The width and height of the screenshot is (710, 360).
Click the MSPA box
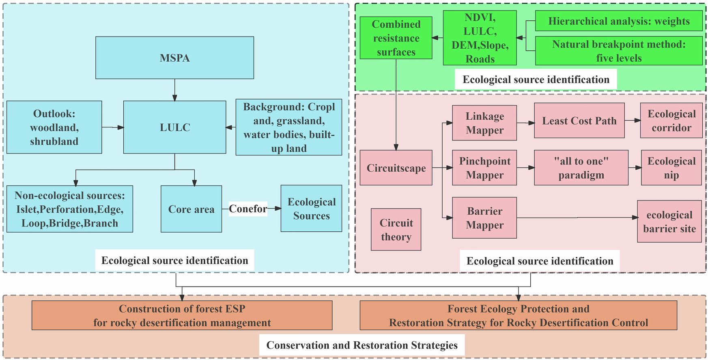pyautogui.click(x=174, y=58)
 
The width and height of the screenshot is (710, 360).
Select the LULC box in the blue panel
pyautogui.click(x=174, y=127)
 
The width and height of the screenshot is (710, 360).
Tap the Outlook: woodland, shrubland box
pyautogui.click(x=54, y=127)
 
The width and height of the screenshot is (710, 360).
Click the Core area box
pyautogui.click(x=191, y=209)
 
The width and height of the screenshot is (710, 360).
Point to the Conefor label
pyautogui.click(x=248, y=209)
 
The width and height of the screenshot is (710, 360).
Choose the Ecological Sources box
pyautogui.click(x=311, y=209)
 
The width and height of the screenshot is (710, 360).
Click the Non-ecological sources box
pyautogui.click(x=70, y=209)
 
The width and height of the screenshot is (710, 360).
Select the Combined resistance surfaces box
pyautogui.click(x=396, y=38)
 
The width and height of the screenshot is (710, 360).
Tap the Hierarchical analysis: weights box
pyautogui.click(x=619, y=21)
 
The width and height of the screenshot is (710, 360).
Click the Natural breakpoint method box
pyautogui.click(x=619, y=51)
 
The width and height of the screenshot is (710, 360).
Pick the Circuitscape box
pyautogui.click(x=396, y=168)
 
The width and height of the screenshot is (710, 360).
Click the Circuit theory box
pyautogui.click(x=396, y=229)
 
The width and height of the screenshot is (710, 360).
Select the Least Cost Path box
pyautogui.click(x=579, y=121)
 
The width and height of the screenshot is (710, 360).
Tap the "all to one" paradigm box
pyautogui.click(x=581, y=168)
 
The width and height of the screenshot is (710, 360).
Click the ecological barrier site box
pyautogui.click(x=669, y=222)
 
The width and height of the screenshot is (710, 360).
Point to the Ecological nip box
pyautogui.click(x=671, y=168)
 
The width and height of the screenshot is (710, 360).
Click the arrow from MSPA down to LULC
pyautogui.click(x=175, y=90)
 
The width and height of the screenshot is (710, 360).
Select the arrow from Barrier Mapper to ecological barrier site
pyautogui.click(x=576, y=218)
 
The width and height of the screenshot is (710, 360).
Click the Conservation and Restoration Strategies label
pyautogui.click(x=361, y=345)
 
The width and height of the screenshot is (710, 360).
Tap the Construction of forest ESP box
pyautogui.click(x=182, y=315)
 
